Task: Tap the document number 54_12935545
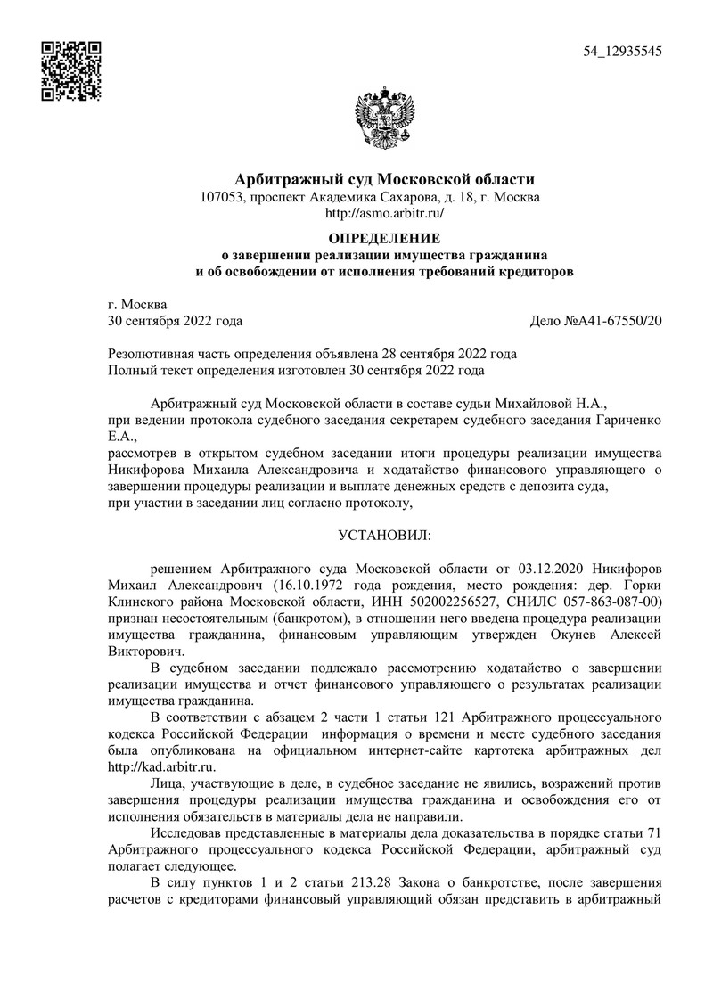click(x=622, y=52)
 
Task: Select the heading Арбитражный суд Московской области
click(x=384, y=180)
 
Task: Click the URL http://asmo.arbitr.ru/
click(x=384, y=214)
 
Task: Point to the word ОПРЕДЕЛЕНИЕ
click(x=384, y=238)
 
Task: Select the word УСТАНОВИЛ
click(x=384, y=536)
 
